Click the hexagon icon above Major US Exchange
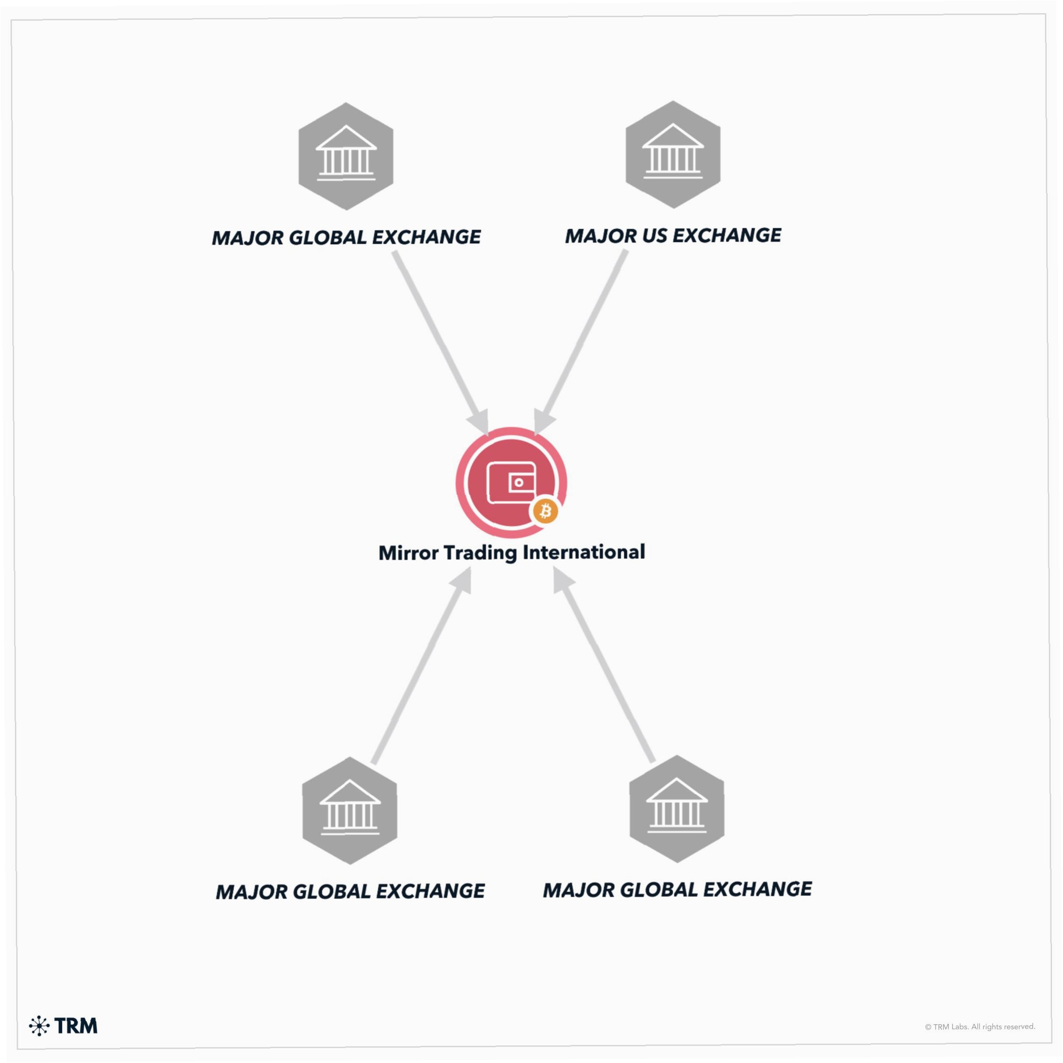(x=672, y=155)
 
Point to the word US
(x=654, y=236)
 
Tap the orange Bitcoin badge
(x=545, y=511)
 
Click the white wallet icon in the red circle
(x=511, y=482)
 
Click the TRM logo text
(x=76, y=1026)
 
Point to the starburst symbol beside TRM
(x=39, y=1026)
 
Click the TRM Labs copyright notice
(x=980, y=1026)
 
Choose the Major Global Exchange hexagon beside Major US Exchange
(x=346, y=156)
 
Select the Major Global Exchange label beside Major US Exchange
(x=346, y=237)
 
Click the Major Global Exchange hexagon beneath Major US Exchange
(x=676, y=809)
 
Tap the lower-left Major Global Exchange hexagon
(x=349, y=811)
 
